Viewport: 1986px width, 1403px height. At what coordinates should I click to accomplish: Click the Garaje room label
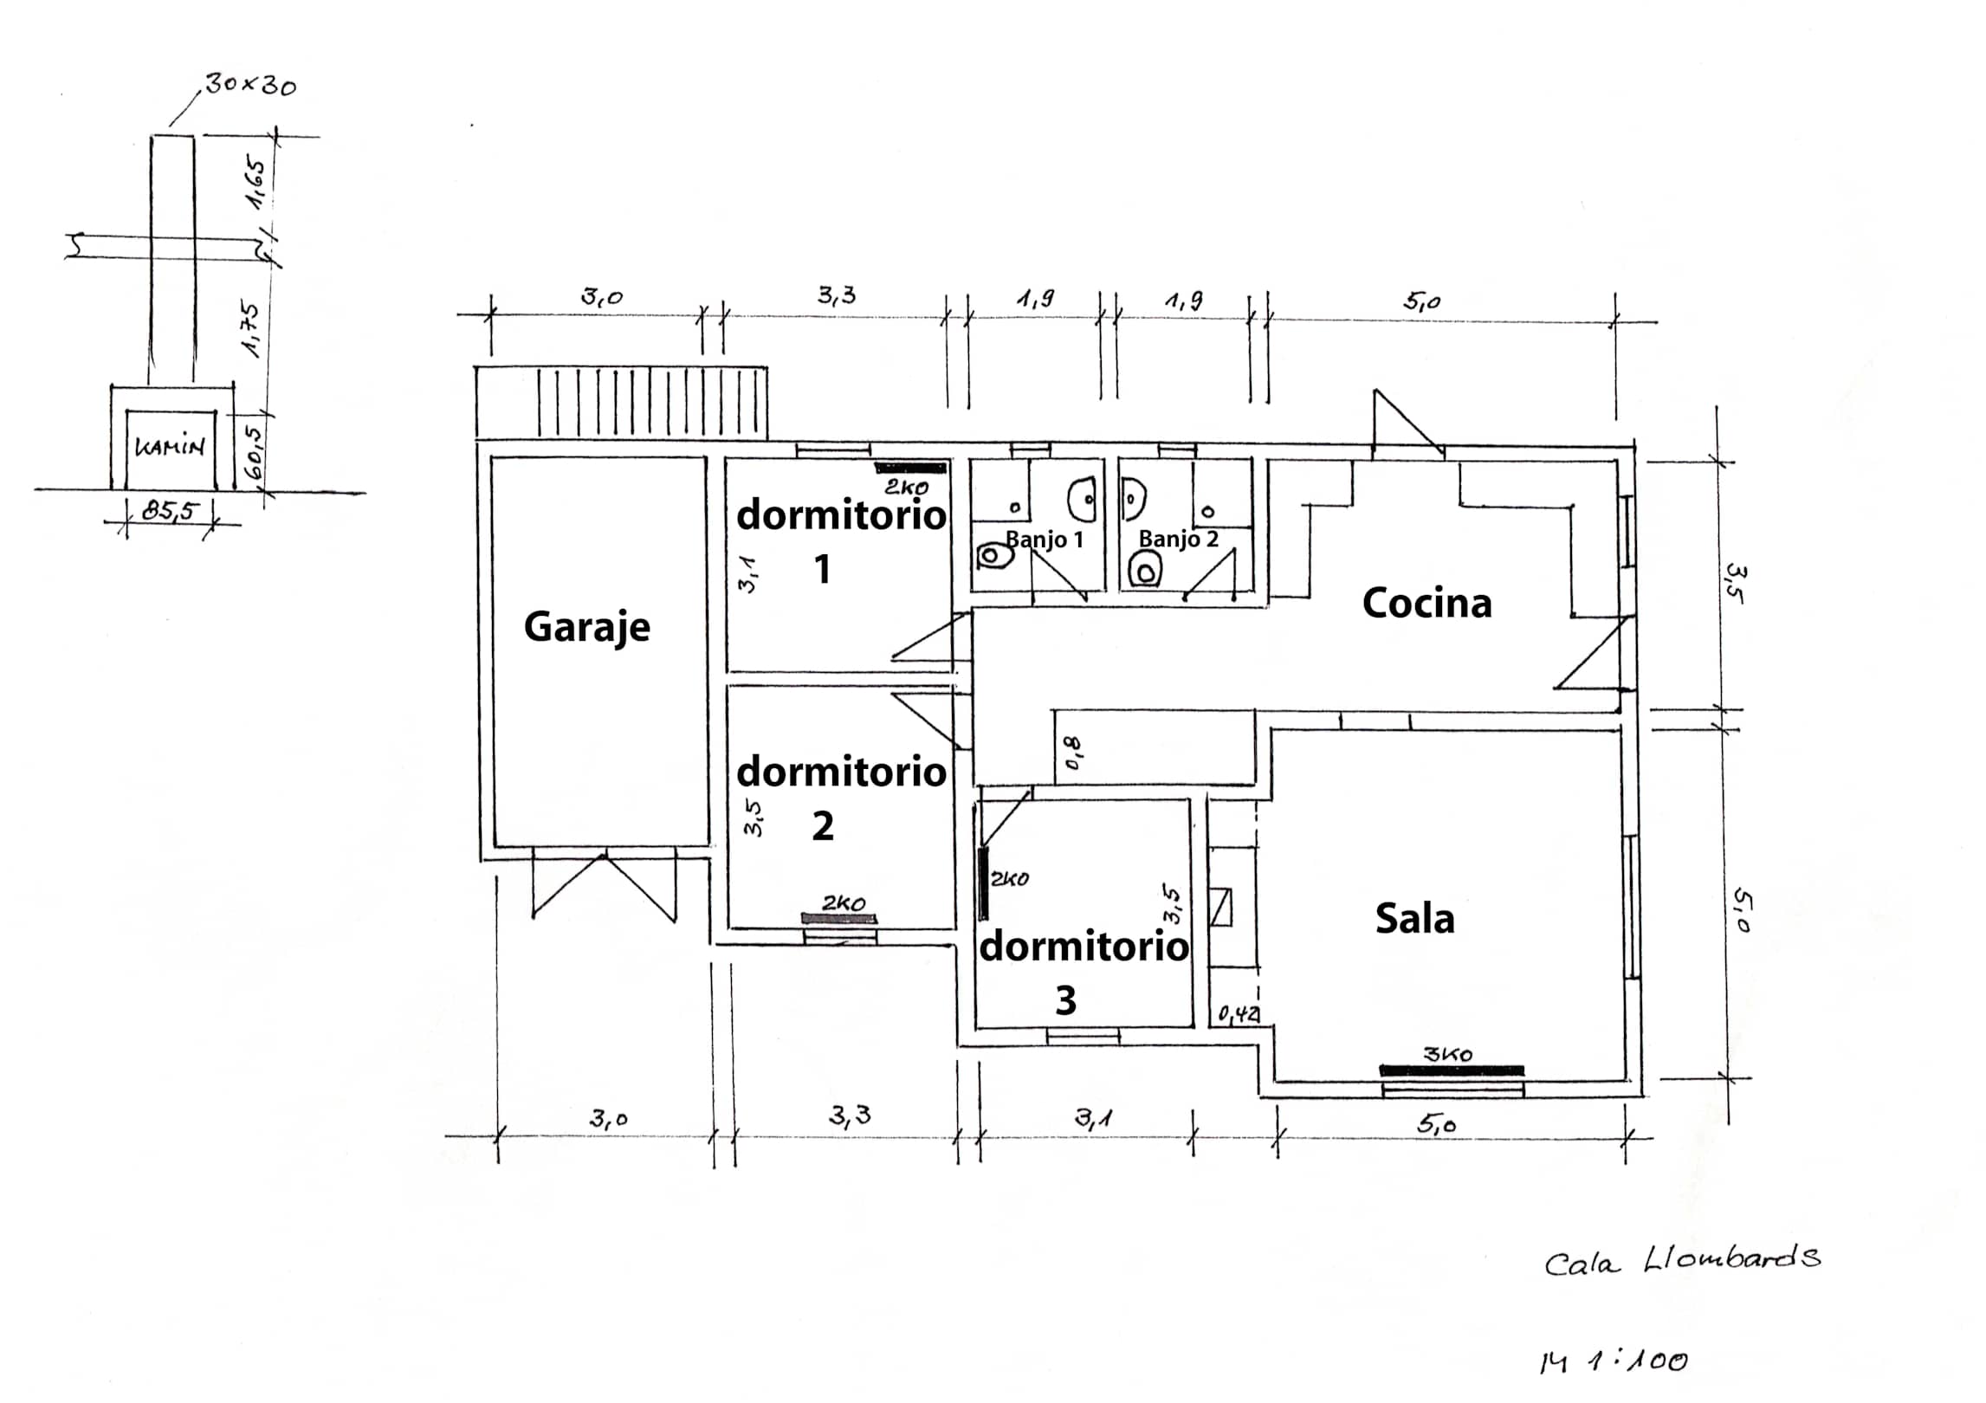pyautogui.click(x=586, y=627)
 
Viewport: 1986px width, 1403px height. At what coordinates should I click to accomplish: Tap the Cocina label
pyautogui.click(x=1426, y=604)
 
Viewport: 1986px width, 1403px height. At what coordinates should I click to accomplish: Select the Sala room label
pyautogui.click(x=1414, y=918)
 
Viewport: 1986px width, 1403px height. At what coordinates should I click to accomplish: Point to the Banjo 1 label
pyautogui.click(x=1044, y=540)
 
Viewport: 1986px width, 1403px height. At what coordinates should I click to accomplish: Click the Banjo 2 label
pyautogui.click(x=1178, y=539)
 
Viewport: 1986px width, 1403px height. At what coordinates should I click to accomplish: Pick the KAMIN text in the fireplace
pyautogui.click(x=170, y=448)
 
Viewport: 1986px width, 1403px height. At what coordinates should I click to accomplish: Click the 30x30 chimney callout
pyautogui.click(x=250, y=86)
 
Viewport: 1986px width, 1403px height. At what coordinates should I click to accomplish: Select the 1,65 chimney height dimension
pyautogui.click(x=256, y=183)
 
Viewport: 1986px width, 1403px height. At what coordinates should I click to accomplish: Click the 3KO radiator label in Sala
pyautogui.click(x=1447, y=1054)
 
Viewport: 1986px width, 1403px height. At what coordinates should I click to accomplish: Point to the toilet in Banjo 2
pyautogui.click(x=1146, y=571)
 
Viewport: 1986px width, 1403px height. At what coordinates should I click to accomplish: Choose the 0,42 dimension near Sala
pyautogui.click(x=1239, y=1013)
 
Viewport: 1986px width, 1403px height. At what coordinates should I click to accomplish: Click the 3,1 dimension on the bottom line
pyautogui.click(x=1093, y=1119)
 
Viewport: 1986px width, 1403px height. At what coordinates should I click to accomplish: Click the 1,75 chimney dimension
pyautogui.click(x=252, y=329)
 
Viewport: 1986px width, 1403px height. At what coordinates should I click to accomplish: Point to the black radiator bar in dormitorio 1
pyautogui.click(x=909, y=468)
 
